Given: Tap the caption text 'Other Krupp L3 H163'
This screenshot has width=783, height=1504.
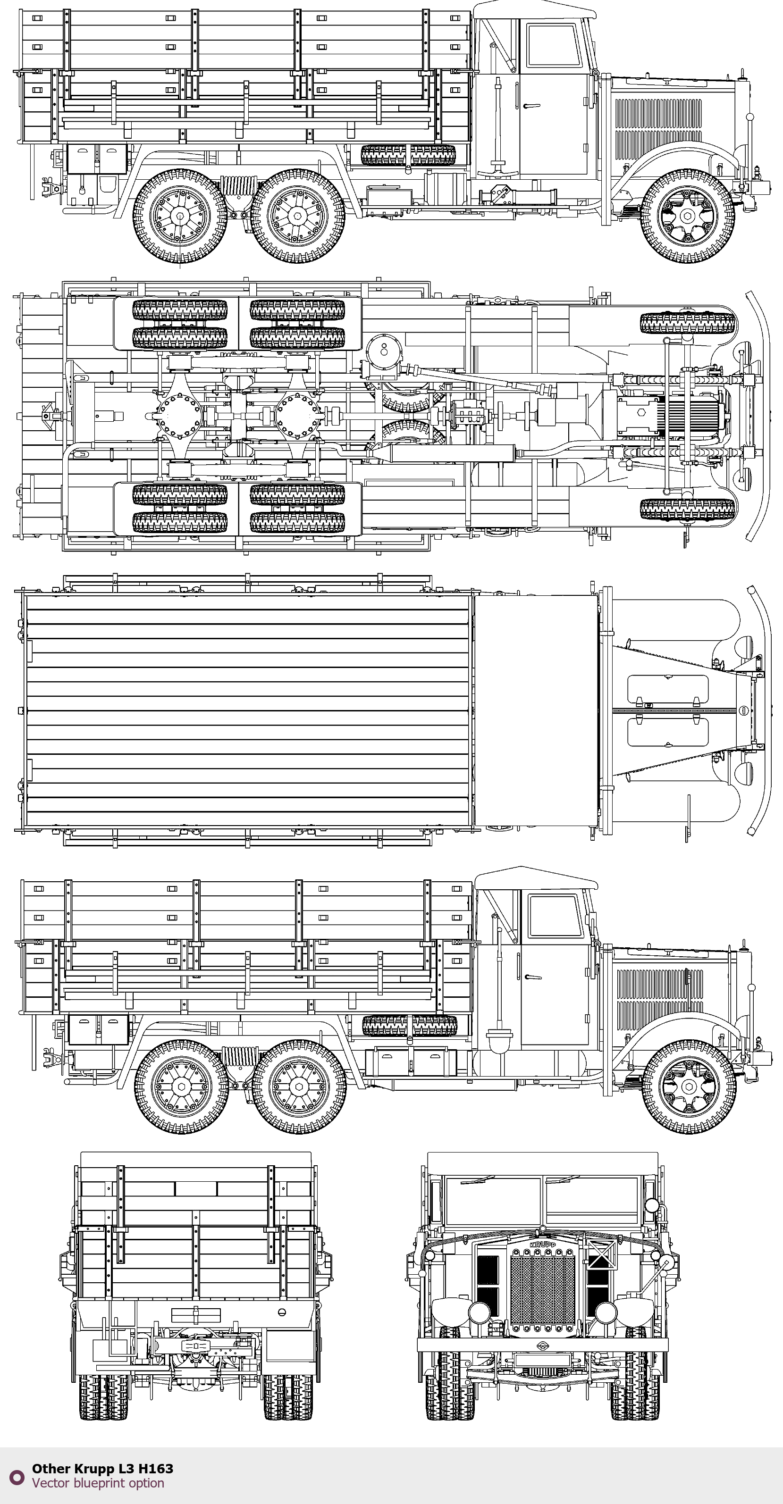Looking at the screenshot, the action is click(102, 1469).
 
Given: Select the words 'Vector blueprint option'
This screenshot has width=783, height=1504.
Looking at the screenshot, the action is click(98, 1483).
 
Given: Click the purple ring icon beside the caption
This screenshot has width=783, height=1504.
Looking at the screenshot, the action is click(17, 1477).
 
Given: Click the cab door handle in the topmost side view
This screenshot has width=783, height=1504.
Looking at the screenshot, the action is click(531, 106).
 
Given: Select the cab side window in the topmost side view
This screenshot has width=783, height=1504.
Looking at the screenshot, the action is click(554, 45).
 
